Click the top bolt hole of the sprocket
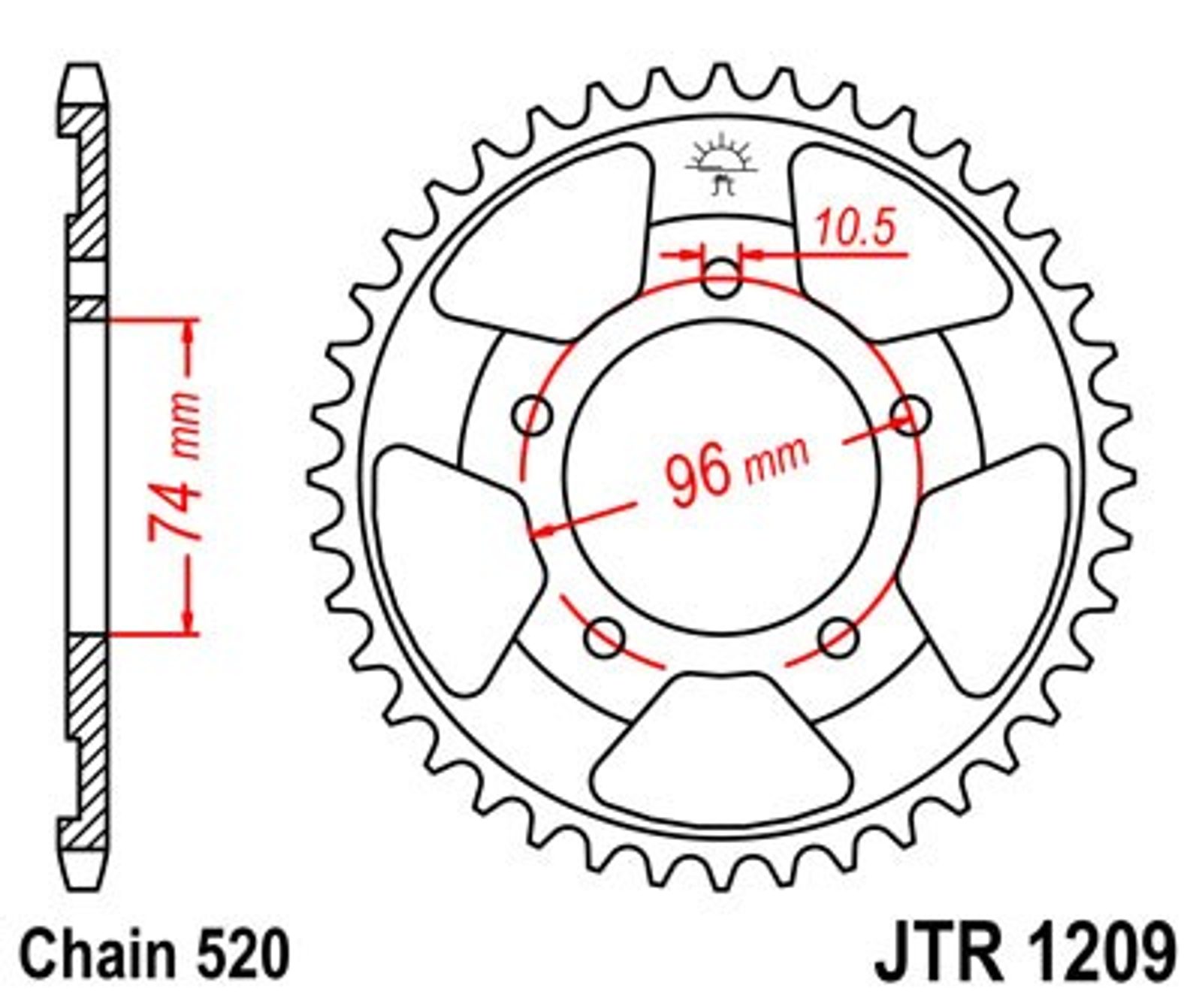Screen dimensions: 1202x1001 click(721, 277)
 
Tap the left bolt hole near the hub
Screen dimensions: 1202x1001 click(533, 415)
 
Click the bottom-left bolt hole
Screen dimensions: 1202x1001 click(605, 638)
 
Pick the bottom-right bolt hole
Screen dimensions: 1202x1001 click(838, 638)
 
